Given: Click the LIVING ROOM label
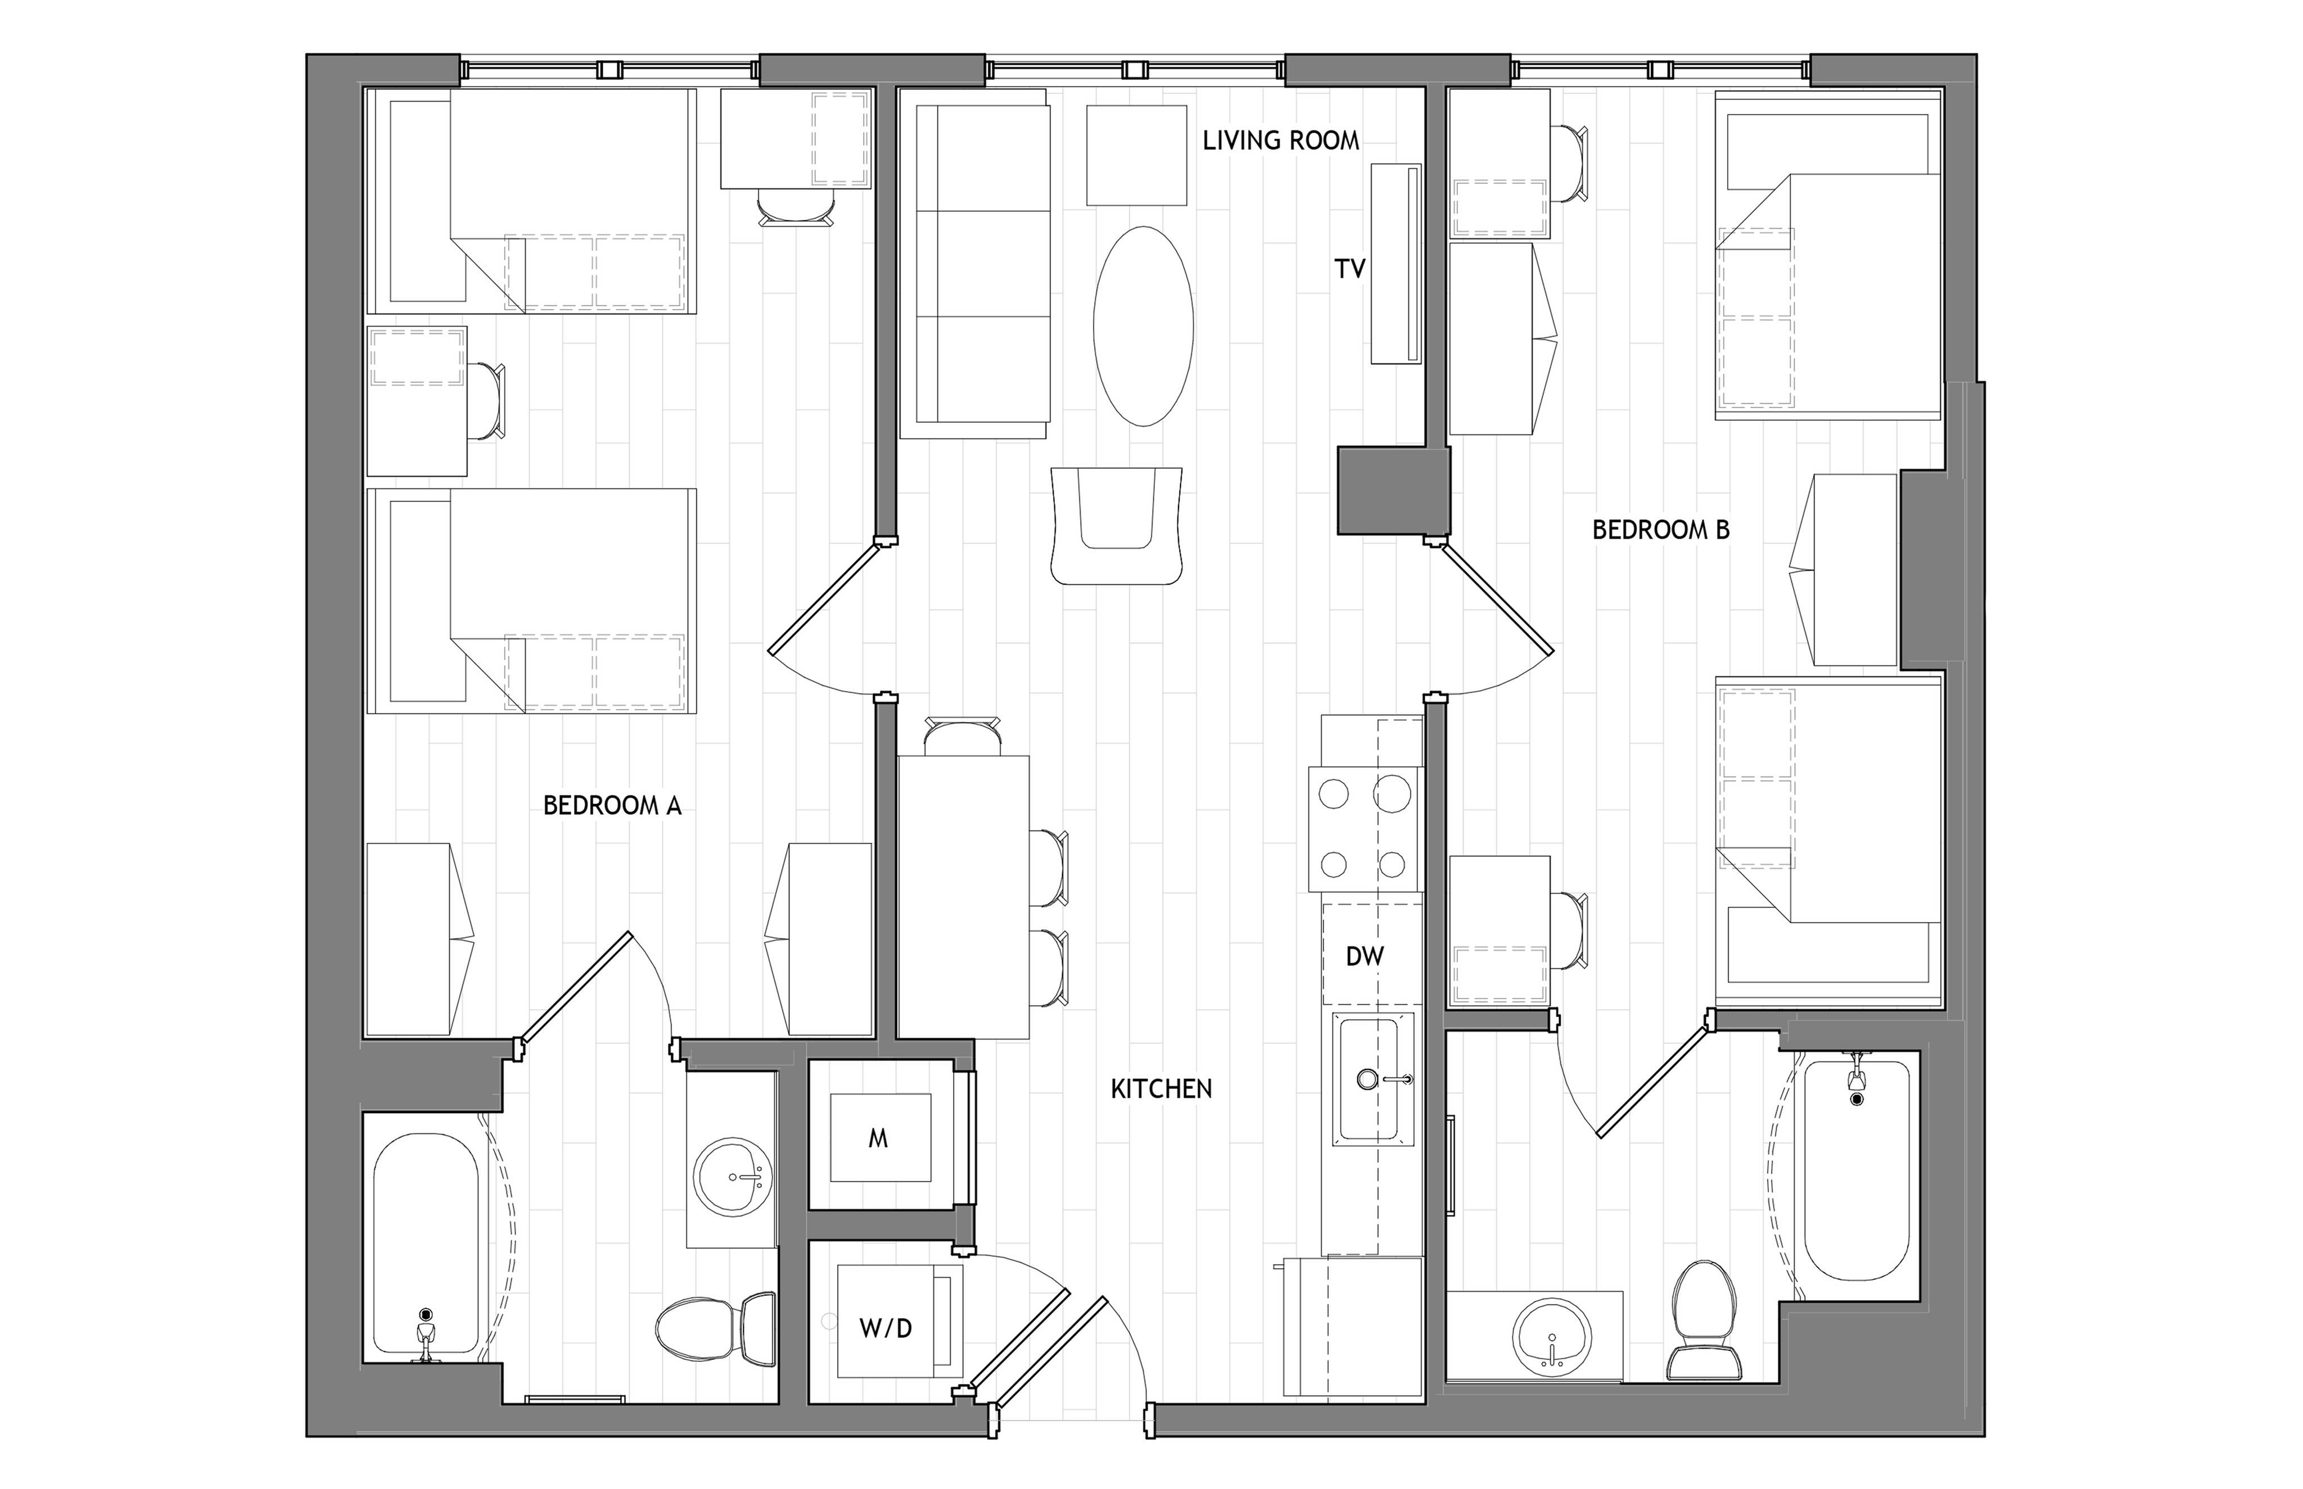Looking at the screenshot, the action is click(x=1281, y=141).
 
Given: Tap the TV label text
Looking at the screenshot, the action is click(x=1351, y=269).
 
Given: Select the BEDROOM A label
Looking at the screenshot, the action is click(x=612, y=805).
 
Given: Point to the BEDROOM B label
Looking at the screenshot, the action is click(x=1661, y=530).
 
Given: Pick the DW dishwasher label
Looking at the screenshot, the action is click(x=1365, y=956).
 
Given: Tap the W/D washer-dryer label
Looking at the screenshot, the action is click(x=886, y=1328).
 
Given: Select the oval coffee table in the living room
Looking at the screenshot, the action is click(x=1143, y=326).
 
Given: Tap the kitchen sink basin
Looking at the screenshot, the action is click(x=1367, y=1079).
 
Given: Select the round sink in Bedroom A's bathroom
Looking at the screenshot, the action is click(x=732, y=1177).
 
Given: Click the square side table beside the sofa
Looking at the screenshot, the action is click(x=1136, y=155).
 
